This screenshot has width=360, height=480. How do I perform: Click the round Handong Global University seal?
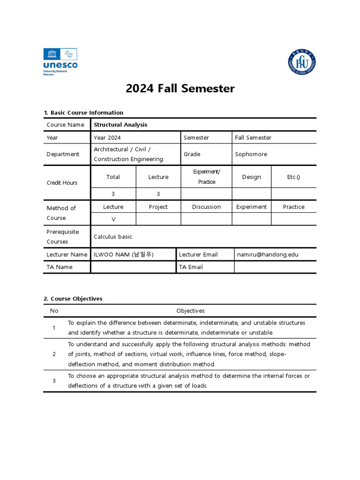click(x=301, y=63)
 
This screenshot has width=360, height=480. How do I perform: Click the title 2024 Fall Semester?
click(x=180, y=89)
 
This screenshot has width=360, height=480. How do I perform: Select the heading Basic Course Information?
click(x=83, y=112)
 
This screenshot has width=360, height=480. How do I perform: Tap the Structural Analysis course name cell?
click(x=120, y=125)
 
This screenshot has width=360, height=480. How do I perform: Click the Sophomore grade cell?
click(x=251, y=154)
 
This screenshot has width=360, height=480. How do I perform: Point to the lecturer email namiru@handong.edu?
click(x=268, y=255)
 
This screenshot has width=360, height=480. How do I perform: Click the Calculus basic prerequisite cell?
click(x=113, y=237)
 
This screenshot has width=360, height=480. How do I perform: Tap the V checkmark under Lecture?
click(x=113, y=219)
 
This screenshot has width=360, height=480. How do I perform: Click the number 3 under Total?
click(x=113, y=194)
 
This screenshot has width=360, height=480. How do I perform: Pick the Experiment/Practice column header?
click(x=206, y=177)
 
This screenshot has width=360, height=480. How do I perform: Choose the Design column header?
click(x=251, y=177)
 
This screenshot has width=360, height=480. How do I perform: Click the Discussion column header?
click(x=206, y=207)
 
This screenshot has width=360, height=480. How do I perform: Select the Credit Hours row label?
click(x=62, y=183)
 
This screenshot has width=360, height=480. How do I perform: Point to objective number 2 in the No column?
click(x=54, y=354)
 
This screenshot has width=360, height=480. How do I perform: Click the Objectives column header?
click(x=190, y=311)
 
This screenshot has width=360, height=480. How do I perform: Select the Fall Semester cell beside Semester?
click(x=253, y=138)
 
